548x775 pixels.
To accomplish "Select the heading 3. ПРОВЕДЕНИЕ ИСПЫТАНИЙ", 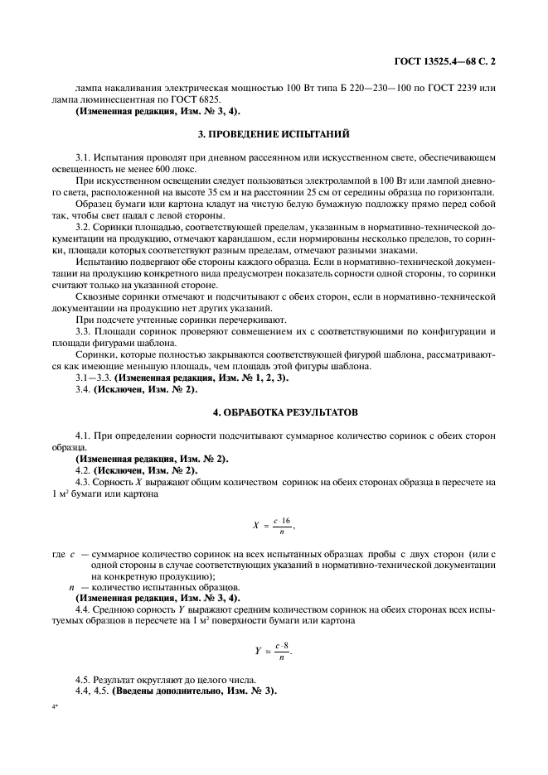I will coord(273,133).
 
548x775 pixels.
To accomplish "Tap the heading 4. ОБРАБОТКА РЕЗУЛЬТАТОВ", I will coord(273,411).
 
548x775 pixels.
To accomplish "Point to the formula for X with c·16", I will coord(273,524).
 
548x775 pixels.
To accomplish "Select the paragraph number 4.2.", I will coord(83,469).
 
